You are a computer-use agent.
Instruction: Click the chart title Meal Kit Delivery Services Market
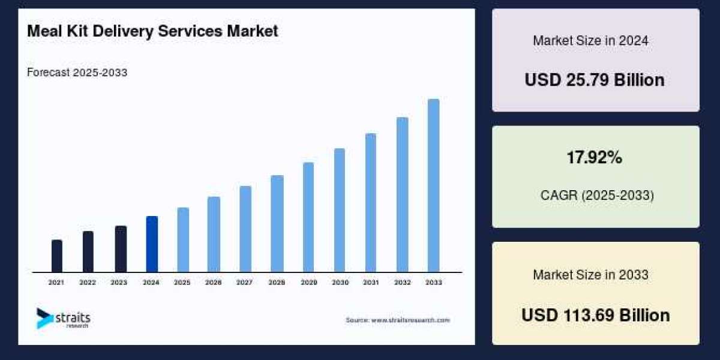[152, 32]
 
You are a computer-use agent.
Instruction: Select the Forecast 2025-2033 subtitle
[77, 73]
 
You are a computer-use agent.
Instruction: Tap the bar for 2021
[57, 256]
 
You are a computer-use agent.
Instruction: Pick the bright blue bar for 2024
[152, 244]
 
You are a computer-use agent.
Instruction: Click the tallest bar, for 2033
[433, 185]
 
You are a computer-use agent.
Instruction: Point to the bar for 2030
[340, 210]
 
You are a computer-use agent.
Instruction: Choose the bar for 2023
[121, 249]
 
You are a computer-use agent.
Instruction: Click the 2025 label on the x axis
[182, 282]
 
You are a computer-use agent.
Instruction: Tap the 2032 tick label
[402, 282]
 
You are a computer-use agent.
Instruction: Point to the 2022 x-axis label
[88, 282]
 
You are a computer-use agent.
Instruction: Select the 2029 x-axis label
[308, 282]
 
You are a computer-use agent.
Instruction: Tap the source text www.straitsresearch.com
[397, 320]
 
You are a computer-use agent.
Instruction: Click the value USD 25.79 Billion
[595, 80]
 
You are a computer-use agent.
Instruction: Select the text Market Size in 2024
[590, 41]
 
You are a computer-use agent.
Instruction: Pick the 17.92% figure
[594, 158]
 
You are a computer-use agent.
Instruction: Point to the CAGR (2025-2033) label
[597, 196]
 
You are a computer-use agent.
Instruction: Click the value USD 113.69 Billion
[595, 315]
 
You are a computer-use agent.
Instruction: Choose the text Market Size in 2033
[590, 275]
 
